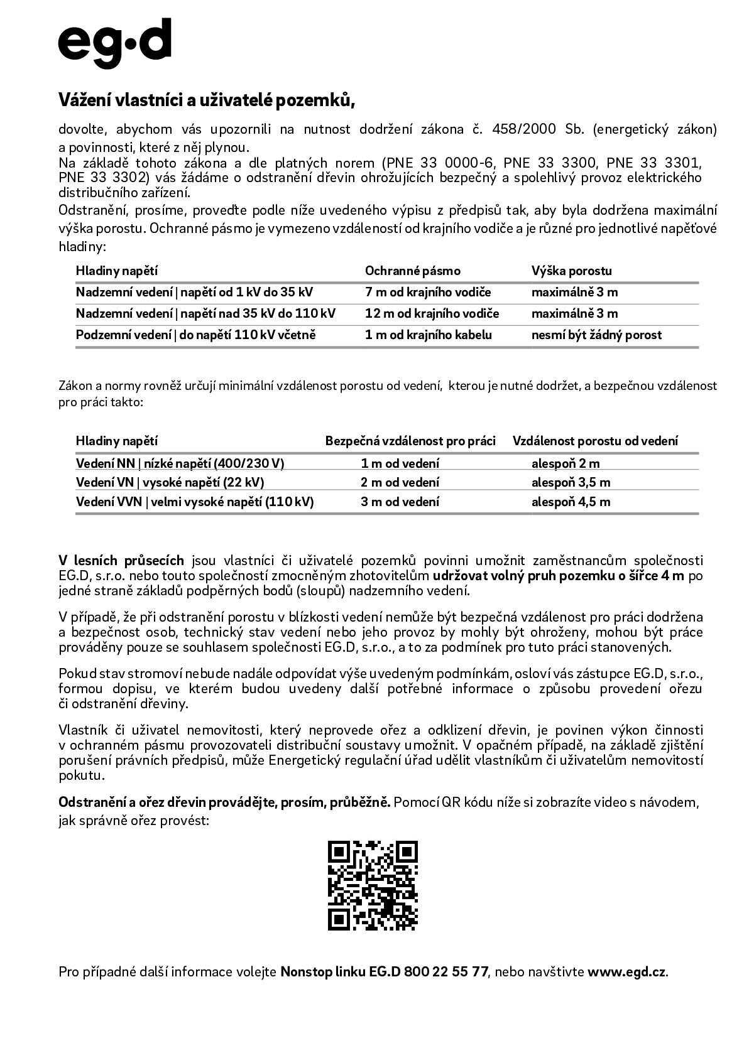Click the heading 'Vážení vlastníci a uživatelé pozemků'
207,100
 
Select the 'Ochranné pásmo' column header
412,271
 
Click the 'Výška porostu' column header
571,271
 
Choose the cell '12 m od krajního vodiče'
432,313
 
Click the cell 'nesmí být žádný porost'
596,335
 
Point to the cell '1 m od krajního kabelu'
428,335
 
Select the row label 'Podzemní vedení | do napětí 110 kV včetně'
195,335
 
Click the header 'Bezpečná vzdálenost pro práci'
410,441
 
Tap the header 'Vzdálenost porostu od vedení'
595,441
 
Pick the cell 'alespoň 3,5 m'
571,482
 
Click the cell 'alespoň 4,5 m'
571,502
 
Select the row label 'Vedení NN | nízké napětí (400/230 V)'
180,463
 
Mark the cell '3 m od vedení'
400,502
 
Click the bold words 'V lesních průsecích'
121,560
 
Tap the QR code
373,885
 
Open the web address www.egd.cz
626,972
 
